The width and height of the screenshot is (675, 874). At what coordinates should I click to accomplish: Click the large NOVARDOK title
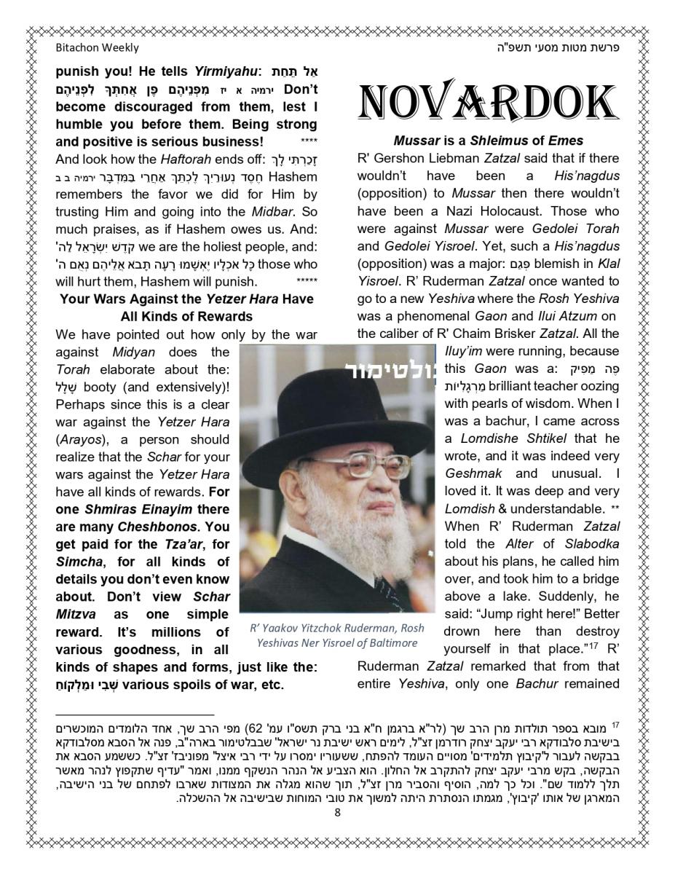click(x=488, y=102)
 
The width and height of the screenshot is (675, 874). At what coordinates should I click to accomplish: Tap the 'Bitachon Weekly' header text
click(x=97, y=48)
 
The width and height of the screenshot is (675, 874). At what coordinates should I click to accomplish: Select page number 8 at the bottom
click(x=337, y=813)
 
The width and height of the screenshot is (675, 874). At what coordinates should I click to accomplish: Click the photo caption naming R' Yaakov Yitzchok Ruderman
click(x=336, y=635)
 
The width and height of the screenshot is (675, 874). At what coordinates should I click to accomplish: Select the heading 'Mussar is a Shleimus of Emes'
click(x=488, y=141)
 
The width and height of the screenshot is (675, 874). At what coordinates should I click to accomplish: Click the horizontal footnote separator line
click(x=135, y=715)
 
